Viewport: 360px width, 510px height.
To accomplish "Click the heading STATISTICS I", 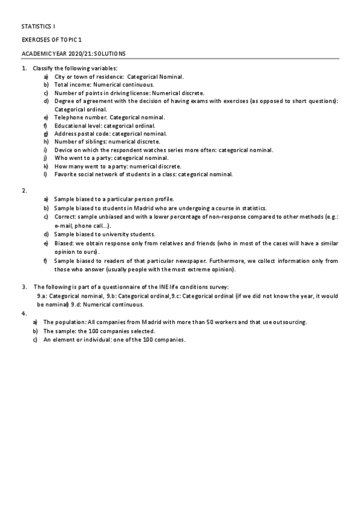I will click(38, 27).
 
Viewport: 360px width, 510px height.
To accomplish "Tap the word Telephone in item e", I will click(67, 117).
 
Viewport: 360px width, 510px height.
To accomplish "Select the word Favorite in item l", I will click(65, 174).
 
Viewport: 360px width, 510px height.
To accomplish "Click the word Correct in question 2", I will click(64, 216).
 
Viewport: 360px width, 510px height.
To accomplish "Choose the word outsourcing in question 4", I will click(286, 322).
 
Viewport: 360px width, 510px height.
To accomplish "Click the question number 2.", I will click(25, 191).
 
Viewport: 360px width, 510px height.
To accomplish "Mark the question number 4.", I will click(25, 313).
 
